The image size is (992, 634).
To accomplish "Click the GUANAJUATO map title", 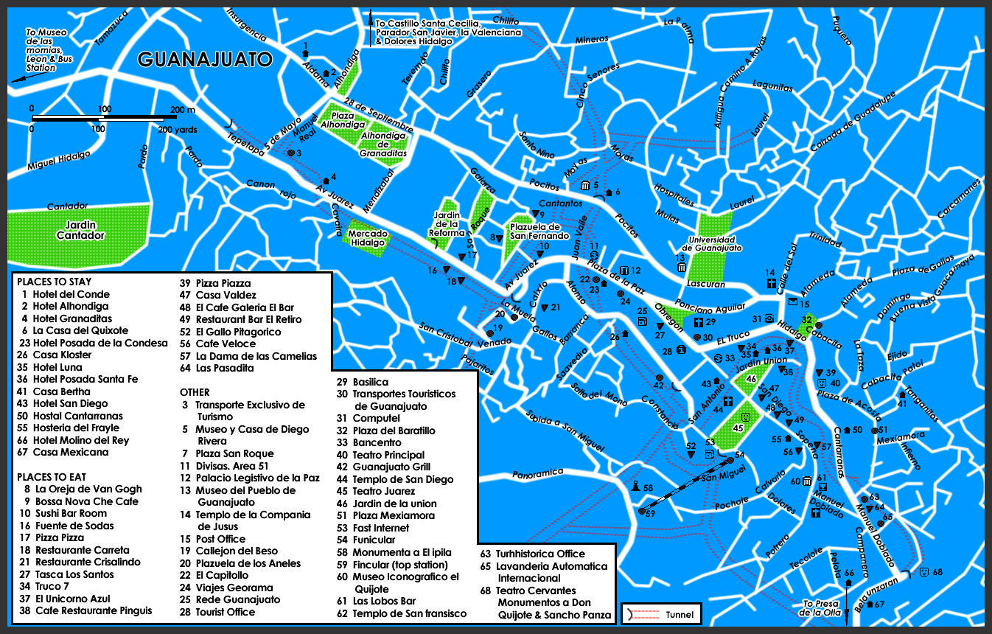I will click(205, 59).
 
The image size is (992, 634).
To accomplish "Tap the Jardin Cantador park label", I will click(80, 230).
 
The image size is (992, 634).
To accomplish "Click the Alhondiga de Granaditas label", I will click(383, 139).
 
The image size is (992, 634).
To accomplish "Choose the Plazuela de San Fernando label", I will click(538, 231).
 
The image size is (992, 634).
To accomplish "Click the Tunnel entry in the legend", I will click(679, 614).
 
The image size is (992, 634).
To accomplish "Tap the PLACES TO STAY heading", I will click(54, 282).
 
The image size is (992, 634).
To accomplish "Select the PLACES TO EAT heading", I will click(52, 477).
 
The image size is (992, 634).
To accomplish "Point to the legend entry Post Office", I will click(220, 539).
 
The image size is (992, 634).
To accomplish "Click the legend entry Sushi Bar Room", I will click(71, 513).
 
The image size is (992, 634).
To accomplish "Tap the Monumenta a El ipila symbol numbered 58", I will click(635, 487).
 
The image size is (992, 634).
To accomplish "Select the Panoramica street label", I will click(538, 473).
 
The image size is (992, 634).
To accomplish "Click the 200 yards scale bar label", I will click(175, 129).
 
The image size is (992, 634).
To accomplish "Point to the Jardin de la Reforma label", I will click(447, 224).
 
